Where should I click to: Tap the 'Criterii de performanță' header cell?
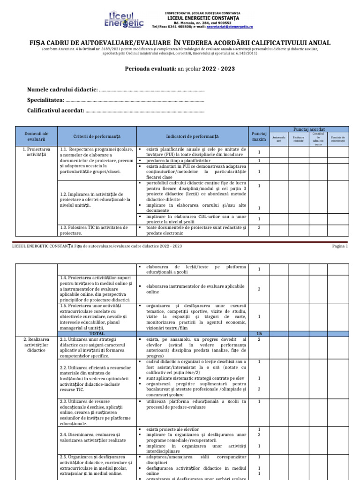click(x=97, y=136)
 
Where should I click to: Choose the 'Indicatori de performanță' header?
click(x=192, y=136)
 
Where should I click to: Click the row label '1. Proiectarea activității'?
click(x=36, y=152)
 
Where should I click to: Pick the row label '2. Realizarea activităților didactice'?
click(x=36, y=344)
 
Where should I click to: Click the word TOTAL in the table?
click(x=97, y=333)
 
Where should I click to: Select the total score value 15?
click(x=259, y=333)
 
